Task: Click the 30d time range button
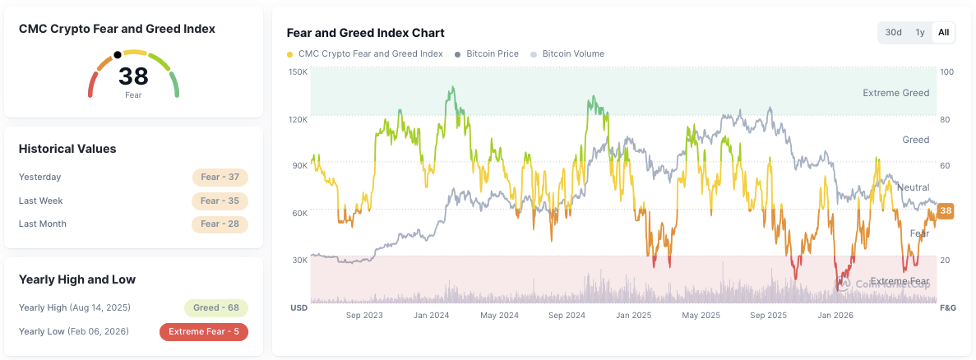coord(893,32)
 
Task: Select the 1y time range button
coord(919,32)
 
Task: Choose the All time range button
coord(944,32)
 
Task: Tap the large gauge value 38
coord(133,76)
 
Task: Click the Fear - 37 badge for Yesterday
coord(220,178)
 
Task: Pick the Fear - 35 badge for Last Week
coord(220,201)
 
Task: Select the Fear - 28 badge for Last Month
coord(220,224)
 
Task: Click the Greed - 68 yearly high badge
coord(216,307)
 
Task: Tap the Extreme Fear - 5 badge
coord(204,332)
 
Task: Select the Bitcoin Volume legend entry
coord(567,53)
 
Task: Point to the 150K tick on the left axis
coord(298,72)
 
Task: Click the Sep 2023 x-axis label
coord(364,316)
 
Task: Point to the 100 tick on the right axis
coord(946,72)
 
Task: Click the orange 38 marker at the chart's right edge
coord(946,210)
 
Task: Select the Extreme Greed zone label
coord(895,93)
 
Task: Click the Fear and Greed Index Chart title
coord(365,33)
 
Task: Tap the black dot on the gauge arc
coord(118,55)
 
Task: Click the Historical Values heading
coord(67,150)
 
